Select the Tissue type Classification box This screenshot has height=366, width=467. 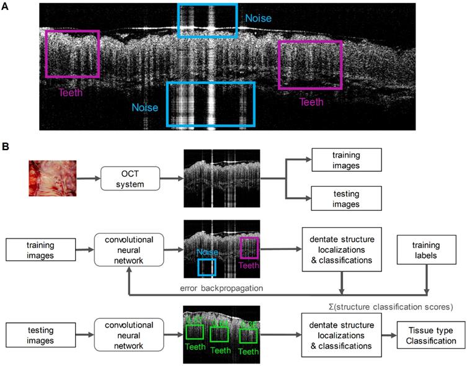(x=427, y=335)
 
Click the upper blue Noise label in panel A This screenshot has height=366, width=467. (x=258, y=19)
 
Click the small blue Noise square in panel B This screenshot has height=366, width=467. (x=207, y=267)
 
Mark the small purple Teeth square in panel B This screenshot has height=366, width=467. (x=249, y=246)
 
